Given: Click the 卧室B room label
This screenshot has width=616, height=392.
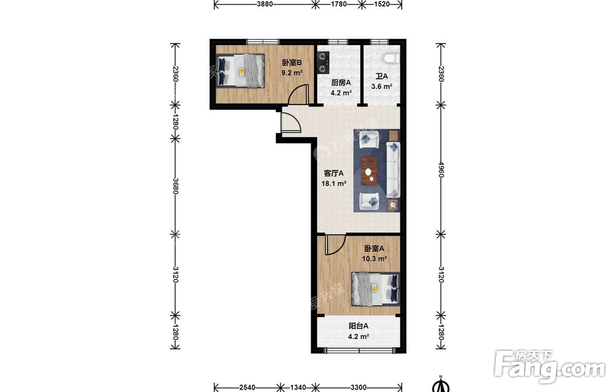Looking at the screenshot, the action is pyautogui.click(x=292, y=62).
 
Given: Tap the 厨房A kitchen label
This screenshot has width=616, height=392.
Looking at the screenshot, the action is pyautogui.click(x=341, y=83).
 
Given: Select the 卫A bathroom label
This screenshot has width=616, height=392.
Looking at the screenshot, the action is pyautogui.click(x=381, y=76).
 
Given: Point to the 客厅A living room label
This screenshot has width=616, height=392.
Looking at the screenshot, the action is pyautogui.click(x=333, y=173).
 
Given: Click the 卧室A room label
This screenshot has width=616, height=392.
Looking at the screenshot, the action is pyautogui.click(x=374, y=249).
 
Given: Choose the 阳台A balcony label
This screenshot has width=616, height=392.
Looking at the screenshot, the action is pyautogui.click(x=359, y=326).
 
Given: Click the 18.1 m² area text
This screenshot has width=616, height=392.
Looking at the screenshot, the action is pyautogui.click(x=334, y=183).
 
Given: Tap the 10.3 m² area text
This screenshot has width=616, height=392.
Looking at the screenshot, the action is pyautogui.click(x=375, y=258).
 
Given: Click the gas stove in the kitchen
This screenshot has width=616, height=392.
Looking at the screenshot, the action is pyautogui.click(x=323, y=63).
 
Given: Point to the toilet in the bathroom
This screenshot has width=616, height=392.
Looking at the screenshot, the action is pyautogui.click(x=391, y=58).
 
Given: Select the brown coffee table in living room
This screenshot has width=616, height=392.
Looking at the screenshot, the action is pyautogui.click(x=369, y=170).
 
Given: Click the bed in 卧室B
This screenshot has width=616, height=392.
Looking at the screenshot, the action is pyautogui.click(x=240, y=71).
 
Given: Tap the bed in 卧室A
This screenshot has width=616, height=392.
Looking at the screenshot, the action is pyautogui.click(x=376, y=289).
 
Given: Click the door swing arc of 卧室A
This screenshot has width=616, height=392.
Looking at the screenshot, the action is pyautogui.click(x=339, y=248).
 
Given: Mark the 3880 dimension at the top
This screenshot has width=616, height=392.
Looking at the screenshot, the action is pyautogui.click(x=265, y=4).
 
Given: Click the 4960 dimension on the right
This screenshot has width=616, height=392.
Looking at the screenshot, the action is pyautogui.click(x=441, y=169).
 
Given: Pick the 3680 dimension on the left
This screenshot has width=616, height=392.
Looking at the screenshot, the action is pyautogui.click(x=175, y=186).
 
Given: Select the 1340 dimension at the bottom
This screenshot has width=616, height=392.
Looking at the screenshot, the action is pyautogui.click(x=298, y=388).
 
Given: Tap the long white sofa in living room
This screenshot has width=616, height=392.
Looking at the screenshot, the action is pyautogui.click(x=393, y=170).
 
